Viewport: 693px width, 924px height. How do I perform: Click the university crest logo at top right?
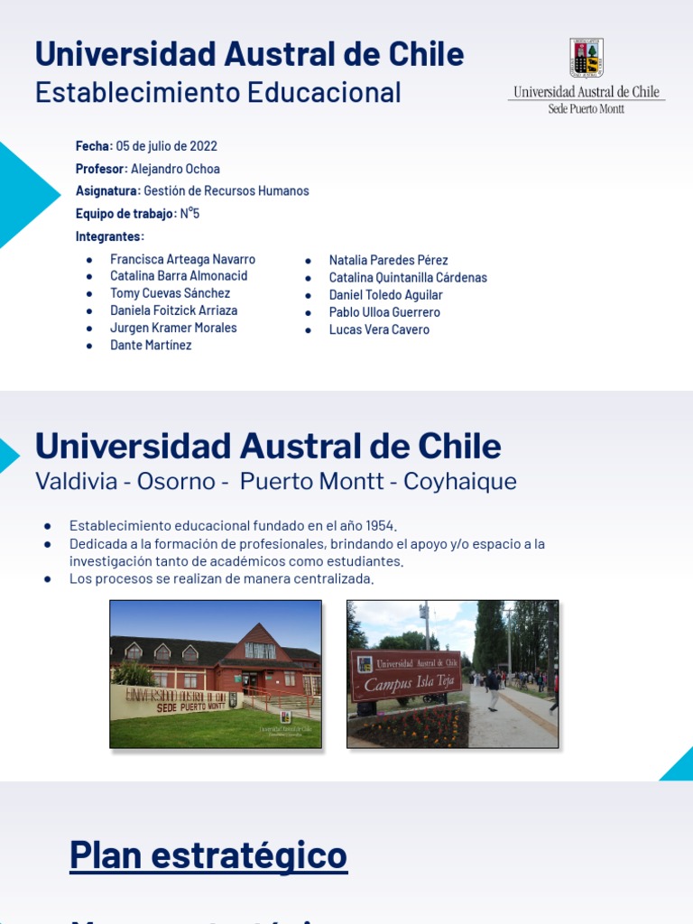587,58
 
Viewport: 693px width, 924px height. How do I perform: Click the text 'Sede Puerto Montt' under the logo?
587,109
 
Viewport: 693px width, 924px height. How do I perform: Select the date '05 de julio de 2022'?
167,146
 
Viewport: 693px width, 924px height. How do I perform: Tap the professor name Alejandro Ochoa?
175,169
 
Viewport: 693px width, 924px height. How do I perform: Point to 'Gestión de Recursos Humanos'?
226,191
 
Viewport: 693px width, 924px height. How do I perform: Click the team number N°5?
189,214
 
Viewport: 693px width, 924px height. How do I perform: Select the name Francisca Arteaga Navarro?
182,259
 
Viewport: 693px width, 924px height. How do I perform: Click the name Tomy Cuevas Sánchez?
170,293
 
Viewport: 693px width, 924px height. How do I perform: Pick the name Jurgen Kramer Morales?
173,328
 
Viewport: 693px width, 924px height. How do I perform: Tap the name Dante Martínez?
151,345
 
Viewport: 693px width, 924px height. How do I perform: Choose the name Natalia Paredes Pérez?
388,260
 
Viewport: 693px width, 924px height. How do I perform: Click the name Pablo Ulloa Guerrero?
384,312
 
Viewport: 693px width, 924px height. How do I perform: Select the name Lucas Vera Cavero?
379,329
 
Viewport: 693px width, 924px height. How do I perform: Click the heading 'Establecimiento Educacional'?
217,92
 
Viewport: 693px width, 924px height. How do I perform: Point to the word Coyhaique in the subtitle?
460,481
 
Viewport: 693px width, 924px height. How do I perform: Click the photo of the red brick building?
216,673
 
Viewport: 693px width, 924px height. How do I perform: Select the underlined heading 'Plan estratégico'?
208,855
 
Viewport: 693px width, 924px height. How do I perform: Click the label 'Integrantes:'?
109,236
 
